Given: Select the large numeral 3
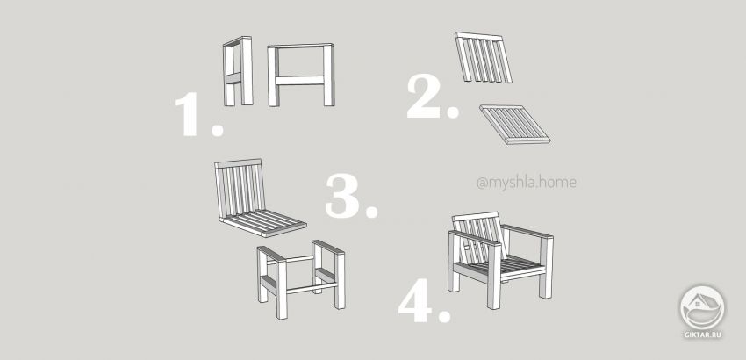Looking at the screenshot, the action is pyautogui.click(x=342, y=196).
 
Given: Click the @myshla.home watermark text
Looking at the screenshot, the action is pyautogui.click(x=527, y=183).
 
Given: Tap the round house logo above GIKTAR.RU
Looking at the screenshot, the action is pyautogui.click(x=702, y=307).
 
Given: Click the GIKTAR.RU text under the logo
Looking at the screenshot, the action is pyautogui.click(x=703, y=335).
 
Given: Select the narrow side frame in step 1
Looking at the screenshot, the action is pyautogui.click(x=238, y=71).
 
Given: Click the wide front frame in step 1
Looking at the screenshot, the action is pyautogui.click(x=301, y=75).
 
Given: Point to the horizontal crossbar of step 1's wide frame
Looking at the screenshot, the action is pyautogui.click(x=301, y=81).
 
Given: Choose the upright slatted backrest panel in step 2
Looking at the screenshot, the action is pyautogui.click(x=484, y=58).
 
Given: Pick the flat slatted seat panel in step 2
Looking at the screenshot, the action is pyautogui.click(x=515, y=125).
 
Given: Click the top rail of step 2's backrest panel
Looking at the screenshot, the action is pyautogui.click(x=479, y=36).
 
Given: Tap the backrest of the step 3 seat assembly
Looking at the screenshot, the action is pyautogui.click(x=240, y=188).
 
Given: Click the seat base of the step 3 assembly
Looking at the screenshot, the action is pyautogui.click(x=263, y=223).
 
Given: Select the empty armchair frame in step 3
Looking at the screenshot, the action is pyautogui.click(x=301, y=278).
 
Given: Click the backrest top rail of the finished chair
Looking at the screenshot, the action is pyautogui.click(x=476, y=217).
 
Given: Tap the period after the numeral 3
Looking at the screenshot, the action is pyautogui.click(x=370, y=212).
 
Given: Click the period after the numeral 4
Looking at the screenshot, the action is pyautogui.click(x=444, y=316).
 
